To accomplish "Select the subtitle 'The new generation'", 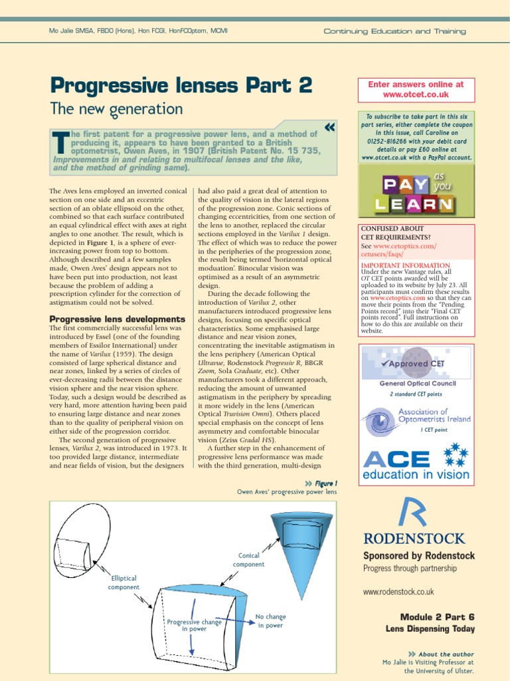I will click(x=117, y=108).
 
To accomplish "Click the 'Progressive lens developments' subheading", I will click(x=118, y=319).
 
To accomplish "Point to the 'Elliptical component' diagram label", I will click(x=124, y=583).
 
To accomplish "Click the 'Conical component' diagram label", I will click(x=248, y=560).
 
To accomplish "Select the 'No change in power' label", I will click(x=270, y=621).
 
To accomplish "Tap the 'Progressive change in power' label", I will click(x=194, y=625).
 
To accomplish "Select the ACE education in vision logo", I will click(x=416, y=464).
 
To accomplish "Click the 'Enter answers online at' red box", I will click(x=416, y=90).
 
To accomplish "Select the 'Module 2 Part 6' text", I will click(x=437, y=617).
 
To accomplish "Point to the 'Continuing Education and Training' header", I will click(x=394, y=31).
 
